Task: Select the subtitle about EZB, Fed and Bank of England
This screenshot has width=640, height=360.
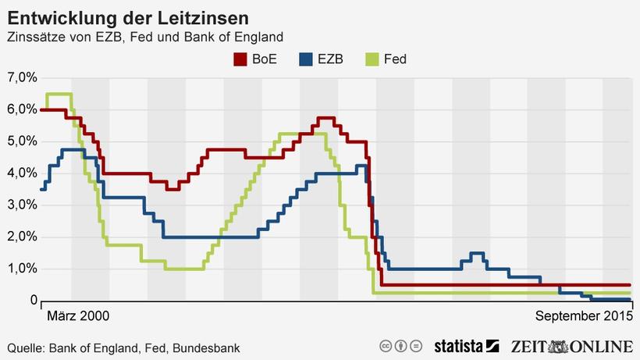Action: pyautogui.click(x=144, y=37)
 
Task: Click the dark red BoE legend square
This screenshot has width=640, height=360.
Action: pyautogui.click(x=240, y=59)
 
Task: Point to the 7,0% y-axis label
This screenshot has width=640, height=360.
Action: pyautogui.click(x=21, y=78)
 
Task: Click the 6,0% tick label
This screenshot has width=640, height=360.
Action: pyautogui.click(x=21, y=109)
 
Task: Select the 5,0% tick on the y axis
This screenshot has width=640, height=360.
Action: pyautogui.click(x=21, y=141)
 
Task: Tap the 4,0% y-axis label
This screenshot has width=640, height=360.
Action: pyautogui.click(x=21, y=173)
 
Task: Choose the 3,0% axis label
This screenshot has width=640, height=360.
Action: pyautogui.click(x=21, y=205)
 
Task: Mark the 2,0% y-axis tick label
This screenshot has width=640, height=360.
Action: pyautogui.click(x=21, y=237)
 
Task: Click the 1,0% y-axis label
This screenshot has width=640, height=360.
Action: pyautogui.click(x=21, y=269)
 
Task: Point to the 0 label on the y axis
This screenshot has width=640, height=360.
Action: pyautogui.click(x=34, y=301)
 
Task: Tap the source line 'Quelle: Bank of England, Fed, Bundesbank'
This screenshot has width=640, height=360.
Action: pyautogui.click(x=123, y=348)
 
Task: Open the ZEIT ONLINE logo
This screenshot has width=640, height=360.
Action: pyautogui.click(x=571, y=346)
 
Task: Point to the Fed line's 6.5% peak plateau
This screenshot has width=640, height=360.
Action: pyautogui.click(x=59, y=94)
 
